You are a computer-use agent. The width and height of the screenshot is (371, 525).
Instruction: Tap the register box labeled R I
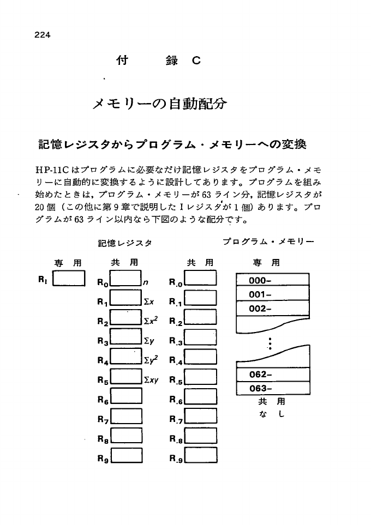click(x=69, y=280)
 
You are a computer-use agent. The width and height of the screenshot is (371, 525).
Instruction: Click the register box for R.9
click(x=201, y=455)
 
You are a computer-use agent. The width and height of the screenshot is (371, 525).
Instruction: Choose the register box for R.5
click(x=201, y=377)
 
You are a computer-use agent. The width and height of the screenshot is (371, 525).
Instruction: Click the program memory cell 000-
click(x=272, y=281)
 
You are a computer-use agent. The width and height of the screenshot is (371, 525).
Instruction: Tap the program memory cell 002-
click(x=272, y=308)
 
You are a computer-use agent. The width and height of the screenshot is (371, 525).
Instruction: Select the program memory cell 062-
click(x=272, y=375)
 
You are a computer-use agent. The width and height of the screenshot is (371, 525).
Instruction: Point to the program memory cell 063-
click(x=272, y=389)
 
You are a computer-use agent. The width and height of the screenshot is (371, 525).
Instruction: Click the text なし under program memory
click(x=271, y=414)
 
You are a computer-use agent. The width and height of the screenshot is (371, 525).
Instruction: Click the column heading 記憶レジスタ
click(x=125, y=243)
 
